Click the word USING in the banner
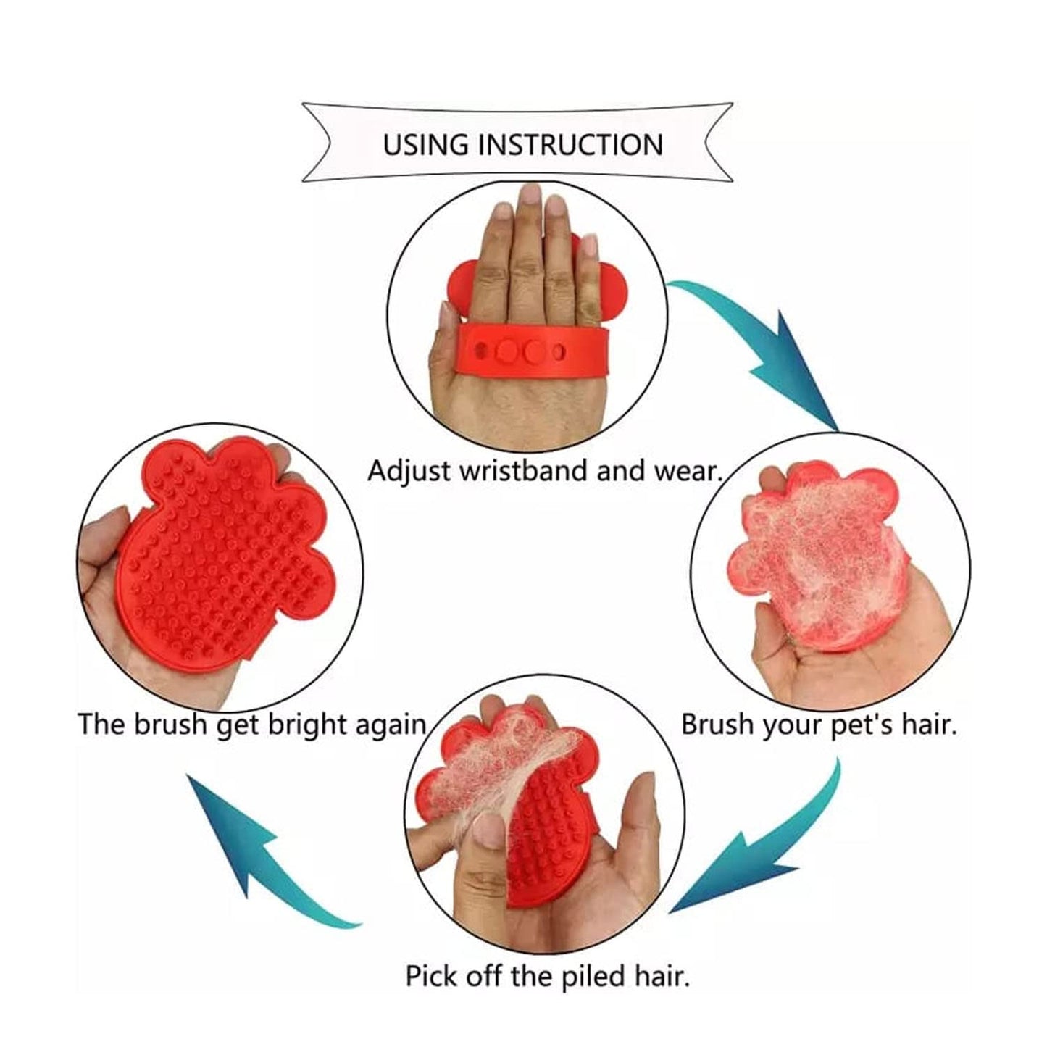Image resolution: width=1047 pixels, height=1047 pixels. [x=425, y=145]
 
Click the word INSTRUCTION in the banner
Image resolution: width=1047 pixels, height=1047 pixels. [x=570, y=145]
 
